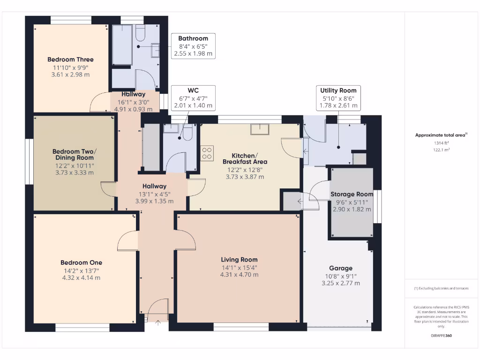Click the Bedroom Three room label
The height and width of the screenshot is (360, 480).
click(x=70, y=60)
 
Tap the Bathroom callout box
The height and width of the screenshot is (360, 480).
click(x=193, y=45)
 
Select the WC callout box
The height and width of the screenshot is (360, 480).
click(x=193, y=98)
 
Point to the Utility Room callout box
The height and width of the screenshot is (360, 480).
click(x=338, y=98)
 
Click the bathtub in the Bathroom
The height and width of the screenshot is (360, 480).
click(x=122, y=45)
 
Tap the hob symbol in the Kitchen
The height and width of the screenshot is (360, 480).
click(x=207, y=153)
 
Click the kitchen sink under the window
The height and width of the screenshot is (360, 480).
click(x=259, y=129)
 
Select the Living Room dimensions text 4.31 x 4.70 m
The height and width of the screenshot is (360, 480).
click(x=239, y=275)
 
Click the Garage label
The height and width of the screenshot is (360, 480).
click(x=341, y=268)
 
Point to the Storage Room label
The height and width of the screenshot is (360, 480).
click(x=352, y=194)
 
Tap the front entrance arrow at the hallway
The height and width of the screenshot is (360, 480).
click(x=157, y=322)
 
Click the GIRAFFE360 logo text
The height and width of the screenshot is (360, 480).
click(x=442, y=336)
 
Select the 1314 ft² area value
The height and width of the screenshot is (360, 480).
click(x=441, y=142)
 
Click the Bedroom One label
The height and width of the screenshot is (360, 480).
click(x=81, y=262)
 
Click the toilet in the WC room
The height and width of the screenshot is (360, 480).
click(x=186, y=134)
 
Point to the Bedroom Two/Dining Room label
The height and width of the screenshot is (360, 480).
click(x=74, y=155)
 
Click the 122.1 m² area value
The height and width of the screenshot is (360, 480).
click(x=441, y=150)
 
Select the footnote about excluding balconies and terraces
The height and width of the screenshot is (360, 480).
click(x=442, y=288)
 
